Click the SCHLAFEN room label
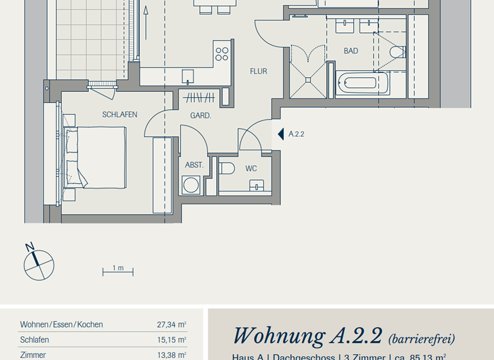(x=119, y=114)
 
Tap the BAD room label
(x=351, y=51)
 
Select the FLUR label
(x=259, y=71)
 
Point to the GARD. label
(x=201, y=116)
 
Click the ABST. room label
(x=194, y=165)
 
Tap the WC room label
(x=251, y=168)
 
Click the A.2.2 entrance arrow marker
(x=280, y=134)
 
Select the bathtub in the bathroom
(x=362, y=84)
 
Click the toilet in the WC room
(x=226, y=168)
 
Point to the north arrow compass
(x=39, y=264)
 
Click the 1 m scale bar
(x=118, y=271)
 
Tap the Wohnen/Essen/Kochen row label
(x=61, y=325)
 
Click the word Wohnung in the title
(x=279, y=336)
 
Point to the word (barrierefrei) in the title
(x=421, y=338)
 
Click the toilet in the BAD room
(x=397, y=51)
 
